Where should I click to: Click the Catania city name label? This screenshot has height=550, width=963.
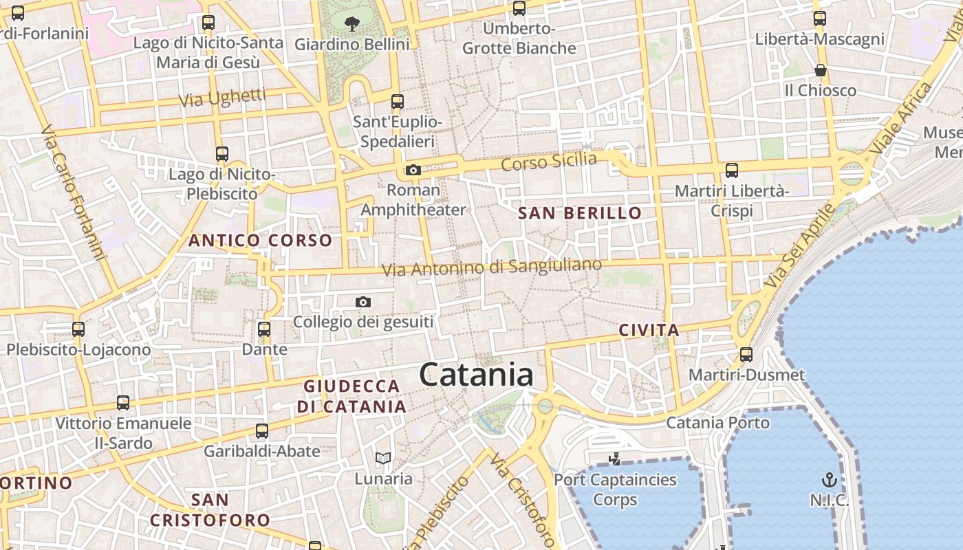click(476, 375)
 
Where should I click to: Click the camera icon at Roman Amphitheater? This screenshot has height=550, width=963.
click(413, 170)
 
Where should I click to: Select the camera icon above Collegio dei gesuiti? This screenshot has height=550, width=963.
click(363, 302)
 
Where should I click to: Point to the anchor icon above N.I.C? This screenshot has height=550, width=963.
click(830, 479)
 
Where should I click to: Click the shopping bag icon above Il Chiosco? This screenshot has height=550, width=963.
click(820, 70)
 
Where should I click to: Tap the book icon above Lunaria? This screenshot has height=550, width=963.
click(383, 459)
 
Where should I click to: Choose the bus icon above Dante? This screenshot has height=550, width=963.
click(264, 329)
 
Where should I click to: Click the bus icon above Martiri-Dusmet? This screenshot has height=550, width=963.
click(746, 355)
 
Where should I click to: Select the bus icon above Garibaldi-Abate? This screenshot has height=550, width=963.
click(262, 431)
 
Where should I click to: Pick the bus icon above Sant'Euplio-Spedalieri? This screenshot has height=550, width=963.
click(398, 102)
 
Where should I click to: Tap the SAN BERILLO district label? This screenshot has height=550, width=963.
click(580, 213)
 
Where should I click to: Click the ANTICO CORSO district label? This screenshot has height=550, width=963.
click(260, 241)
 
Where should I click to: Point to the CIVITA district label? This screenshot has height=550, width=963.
click(649, 330)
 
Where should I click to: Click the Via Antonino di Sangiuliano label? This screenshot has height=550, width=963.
click(492, 267)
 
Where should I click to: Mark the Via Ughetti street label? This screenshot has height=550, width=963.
click(222, 98)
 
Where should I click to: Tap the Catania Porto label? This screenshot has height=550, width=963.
click(717, 422)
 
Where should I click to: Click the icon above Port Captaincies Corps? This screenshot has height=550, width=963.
click(615, 459)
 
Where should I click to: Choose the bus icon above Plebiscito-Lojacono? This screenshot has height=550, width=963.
click(78, 329)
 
